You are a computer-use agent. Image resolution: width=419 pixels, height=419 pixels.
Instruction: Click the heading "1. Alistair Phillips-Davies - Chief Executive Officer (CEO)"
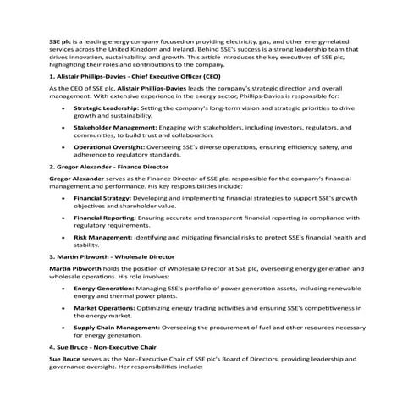140,76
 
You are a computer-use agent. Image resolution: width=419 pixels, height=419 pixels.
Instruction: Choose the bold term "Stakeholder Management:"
109,127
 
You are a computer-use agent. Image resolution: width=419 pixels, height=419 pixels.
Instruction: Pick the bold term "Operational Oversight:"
105,146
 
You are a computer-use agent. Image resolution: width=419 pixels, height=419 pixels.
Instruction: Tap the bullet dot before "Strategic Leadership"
65,109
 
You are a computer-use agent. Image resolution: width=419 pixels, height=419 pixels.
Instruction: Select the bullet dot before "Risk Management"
65,237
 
